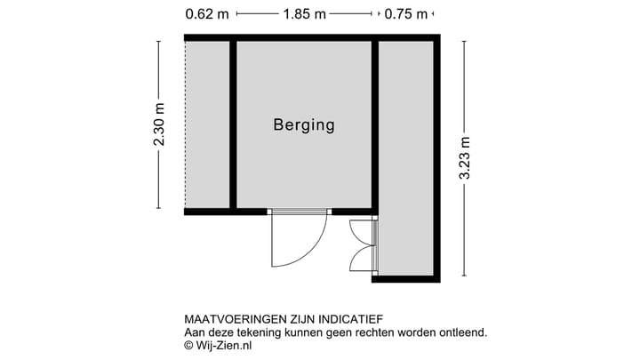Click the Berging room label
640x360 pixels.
click(x=303, y=125)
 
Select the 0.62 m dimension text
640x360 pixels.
click(x=206, y=14)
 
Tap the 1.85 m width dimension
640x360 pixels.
click(x=304, y=14)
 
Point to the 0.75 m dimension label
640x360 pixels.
click(x=405, y=14)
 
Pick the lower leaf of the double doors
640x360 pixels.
click(x=363, y=258)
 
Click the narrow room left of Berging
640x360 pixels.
click(x=208, y=124)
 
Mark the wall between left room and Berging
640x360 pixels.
click(x=233, y=124)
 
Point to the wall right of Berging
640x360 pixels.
click(x=375, y=124)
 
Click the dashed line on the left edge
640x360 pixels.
click(x=185, y=124)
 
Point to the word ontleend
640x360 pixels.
click(x=462, y=332)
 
